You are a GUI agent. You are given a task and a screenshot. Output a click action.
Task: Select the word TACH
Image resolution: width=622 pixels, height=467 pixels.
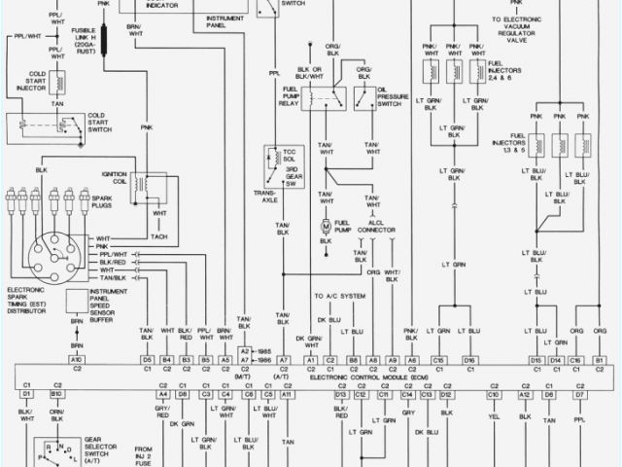[x=158, y=235]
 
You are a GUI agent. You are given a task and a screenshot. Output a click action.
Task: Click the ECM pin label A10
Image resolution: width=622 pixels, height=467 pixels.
[x=77, y=360]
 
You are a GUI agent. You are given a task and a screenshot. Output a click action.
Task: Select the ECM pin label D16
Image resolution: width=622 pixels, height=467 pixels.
[x=470, y=360]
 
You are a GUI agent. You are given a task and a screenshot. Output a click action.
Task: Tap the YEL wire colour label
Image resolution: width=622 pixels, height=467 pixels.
[x=493, y=412]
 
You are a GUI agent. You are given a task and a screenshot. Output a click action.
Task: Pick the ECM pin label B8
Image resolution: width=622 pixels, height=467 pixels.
[x=354, y=360]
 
